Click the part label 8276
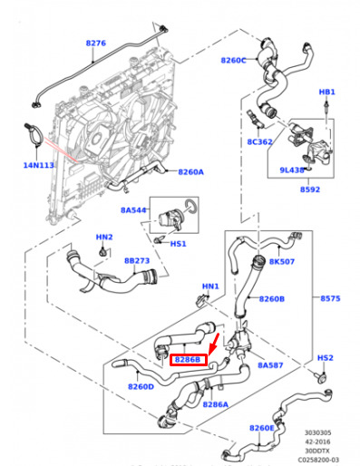point(96,43)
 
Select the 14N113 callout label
point(39,165)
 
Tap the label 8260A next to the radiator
point(190,172)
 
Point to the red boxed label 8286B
point(189,360)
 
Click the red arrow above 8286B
point(213,345)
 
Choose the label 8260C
point(233,61)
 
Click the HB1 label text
point(327,92)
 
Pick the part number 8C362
point(259,141)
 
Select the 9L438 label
point(292,170)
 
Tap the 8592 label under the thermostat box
point(310,189)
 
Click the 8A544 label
point(133,210)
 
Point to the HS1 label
point(178,244)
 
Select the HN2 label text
point(104,237)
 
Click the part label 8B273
point(137,260)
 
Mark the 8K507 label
point(282,261)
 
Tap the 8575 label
point(330,298)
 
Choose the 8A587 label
point(270,365)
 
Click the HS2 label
point(326,358)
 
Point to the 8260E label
point(262,428)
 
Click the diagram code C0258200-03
point(318,460)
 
